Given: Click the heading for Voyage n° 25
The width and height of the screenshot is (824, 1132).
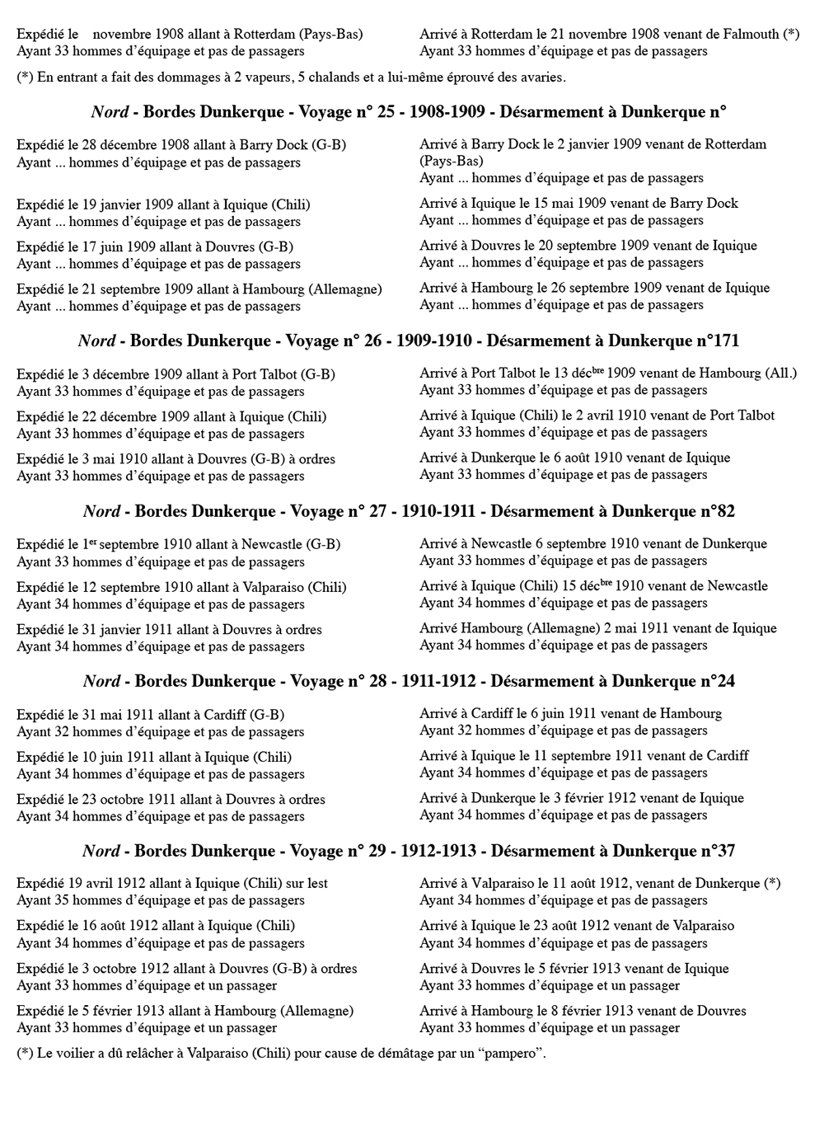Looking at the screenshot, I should [409, 112].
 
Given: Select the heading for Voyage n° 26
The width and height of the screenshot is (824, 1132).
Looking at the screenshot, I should [409, 341].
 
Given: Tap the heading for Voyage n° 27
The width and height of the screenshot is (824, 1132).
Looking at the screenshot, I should [409, 511].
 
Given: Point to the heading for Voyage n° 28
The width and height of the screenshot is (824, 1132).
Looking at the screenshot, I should [409, 681].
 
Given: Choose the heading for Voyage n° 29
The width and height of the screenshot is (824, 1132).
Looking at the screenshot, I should [409, 851].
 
